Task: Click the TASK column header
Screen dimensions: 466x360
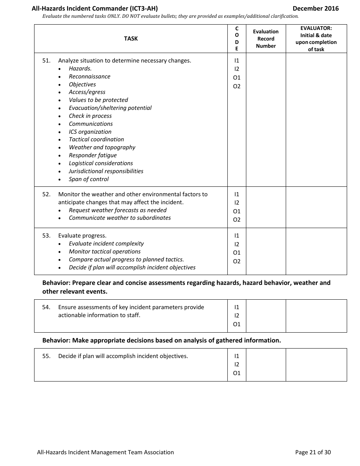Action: pos(131,39)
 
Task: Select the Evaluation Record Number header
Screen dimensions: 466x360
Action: pos(266,39)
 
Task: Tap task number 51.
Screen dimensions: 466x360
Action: pos(46,61)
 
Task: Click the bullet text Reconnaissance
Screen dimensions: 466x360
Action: pos(89,77)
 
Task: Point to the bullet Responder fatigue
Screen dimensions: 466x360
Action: pos(92,155)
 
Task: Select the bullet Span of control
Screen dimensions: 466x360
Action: pos(89,179)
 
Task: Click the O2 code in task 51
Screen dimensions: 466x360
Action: pos(236,86)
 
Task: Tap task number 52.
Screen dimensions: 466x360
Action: pos(46,194)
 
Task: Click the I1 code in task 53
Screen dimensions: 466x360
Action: pos(236,236)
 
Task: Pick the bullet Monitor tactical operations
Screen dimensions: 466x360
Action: pos(105,252)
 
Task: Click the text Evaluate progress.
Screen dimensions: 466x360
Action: pos(82,236)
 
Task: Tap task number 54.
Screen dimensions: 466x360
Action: pos(46,307)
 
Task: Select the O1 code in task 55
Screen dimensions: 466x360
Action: pos(236,373)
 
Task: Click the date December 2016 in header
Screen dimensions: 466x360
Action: pos(316,8)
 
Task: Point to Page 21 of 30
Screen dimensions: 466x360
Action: pos(313,452)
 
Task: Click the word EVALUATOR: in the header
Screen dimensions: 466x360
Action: pos(316,28)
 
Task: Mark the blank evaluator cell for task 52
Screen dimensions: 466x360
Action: pos(316,207)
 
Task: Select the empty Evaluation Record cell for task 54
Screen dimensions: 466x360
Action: pos(266,316)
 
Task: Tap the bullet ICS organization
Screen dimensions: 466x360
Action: pos(90,132)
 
